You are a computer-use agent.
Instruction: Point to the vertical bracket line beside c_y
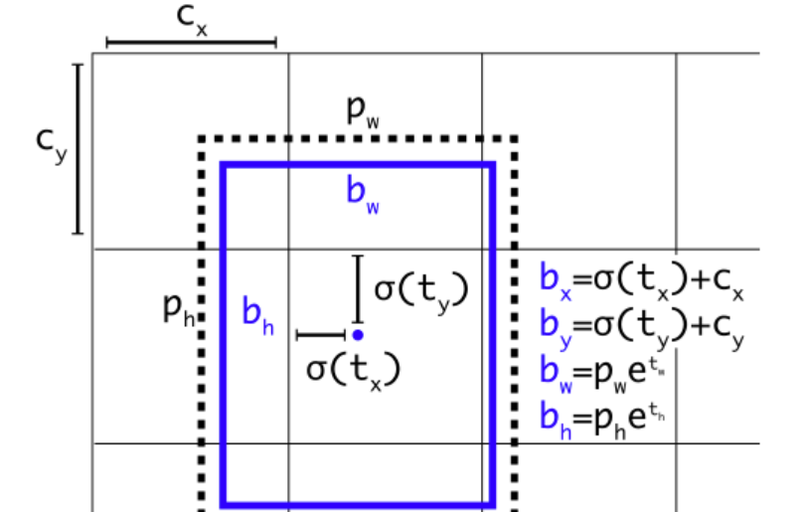(78, 149)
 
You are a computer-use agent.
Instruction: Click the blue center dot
(357, 335)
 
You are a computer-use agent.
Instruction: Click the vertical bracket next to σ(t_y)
(359, 287)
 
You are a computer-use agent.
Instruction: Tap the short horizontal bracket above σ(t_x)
(320, 335)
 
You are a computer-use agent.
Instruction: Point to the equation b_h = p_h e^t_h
(602, 415)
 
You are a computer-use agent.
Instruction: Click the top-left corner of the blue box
(224, 165)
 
